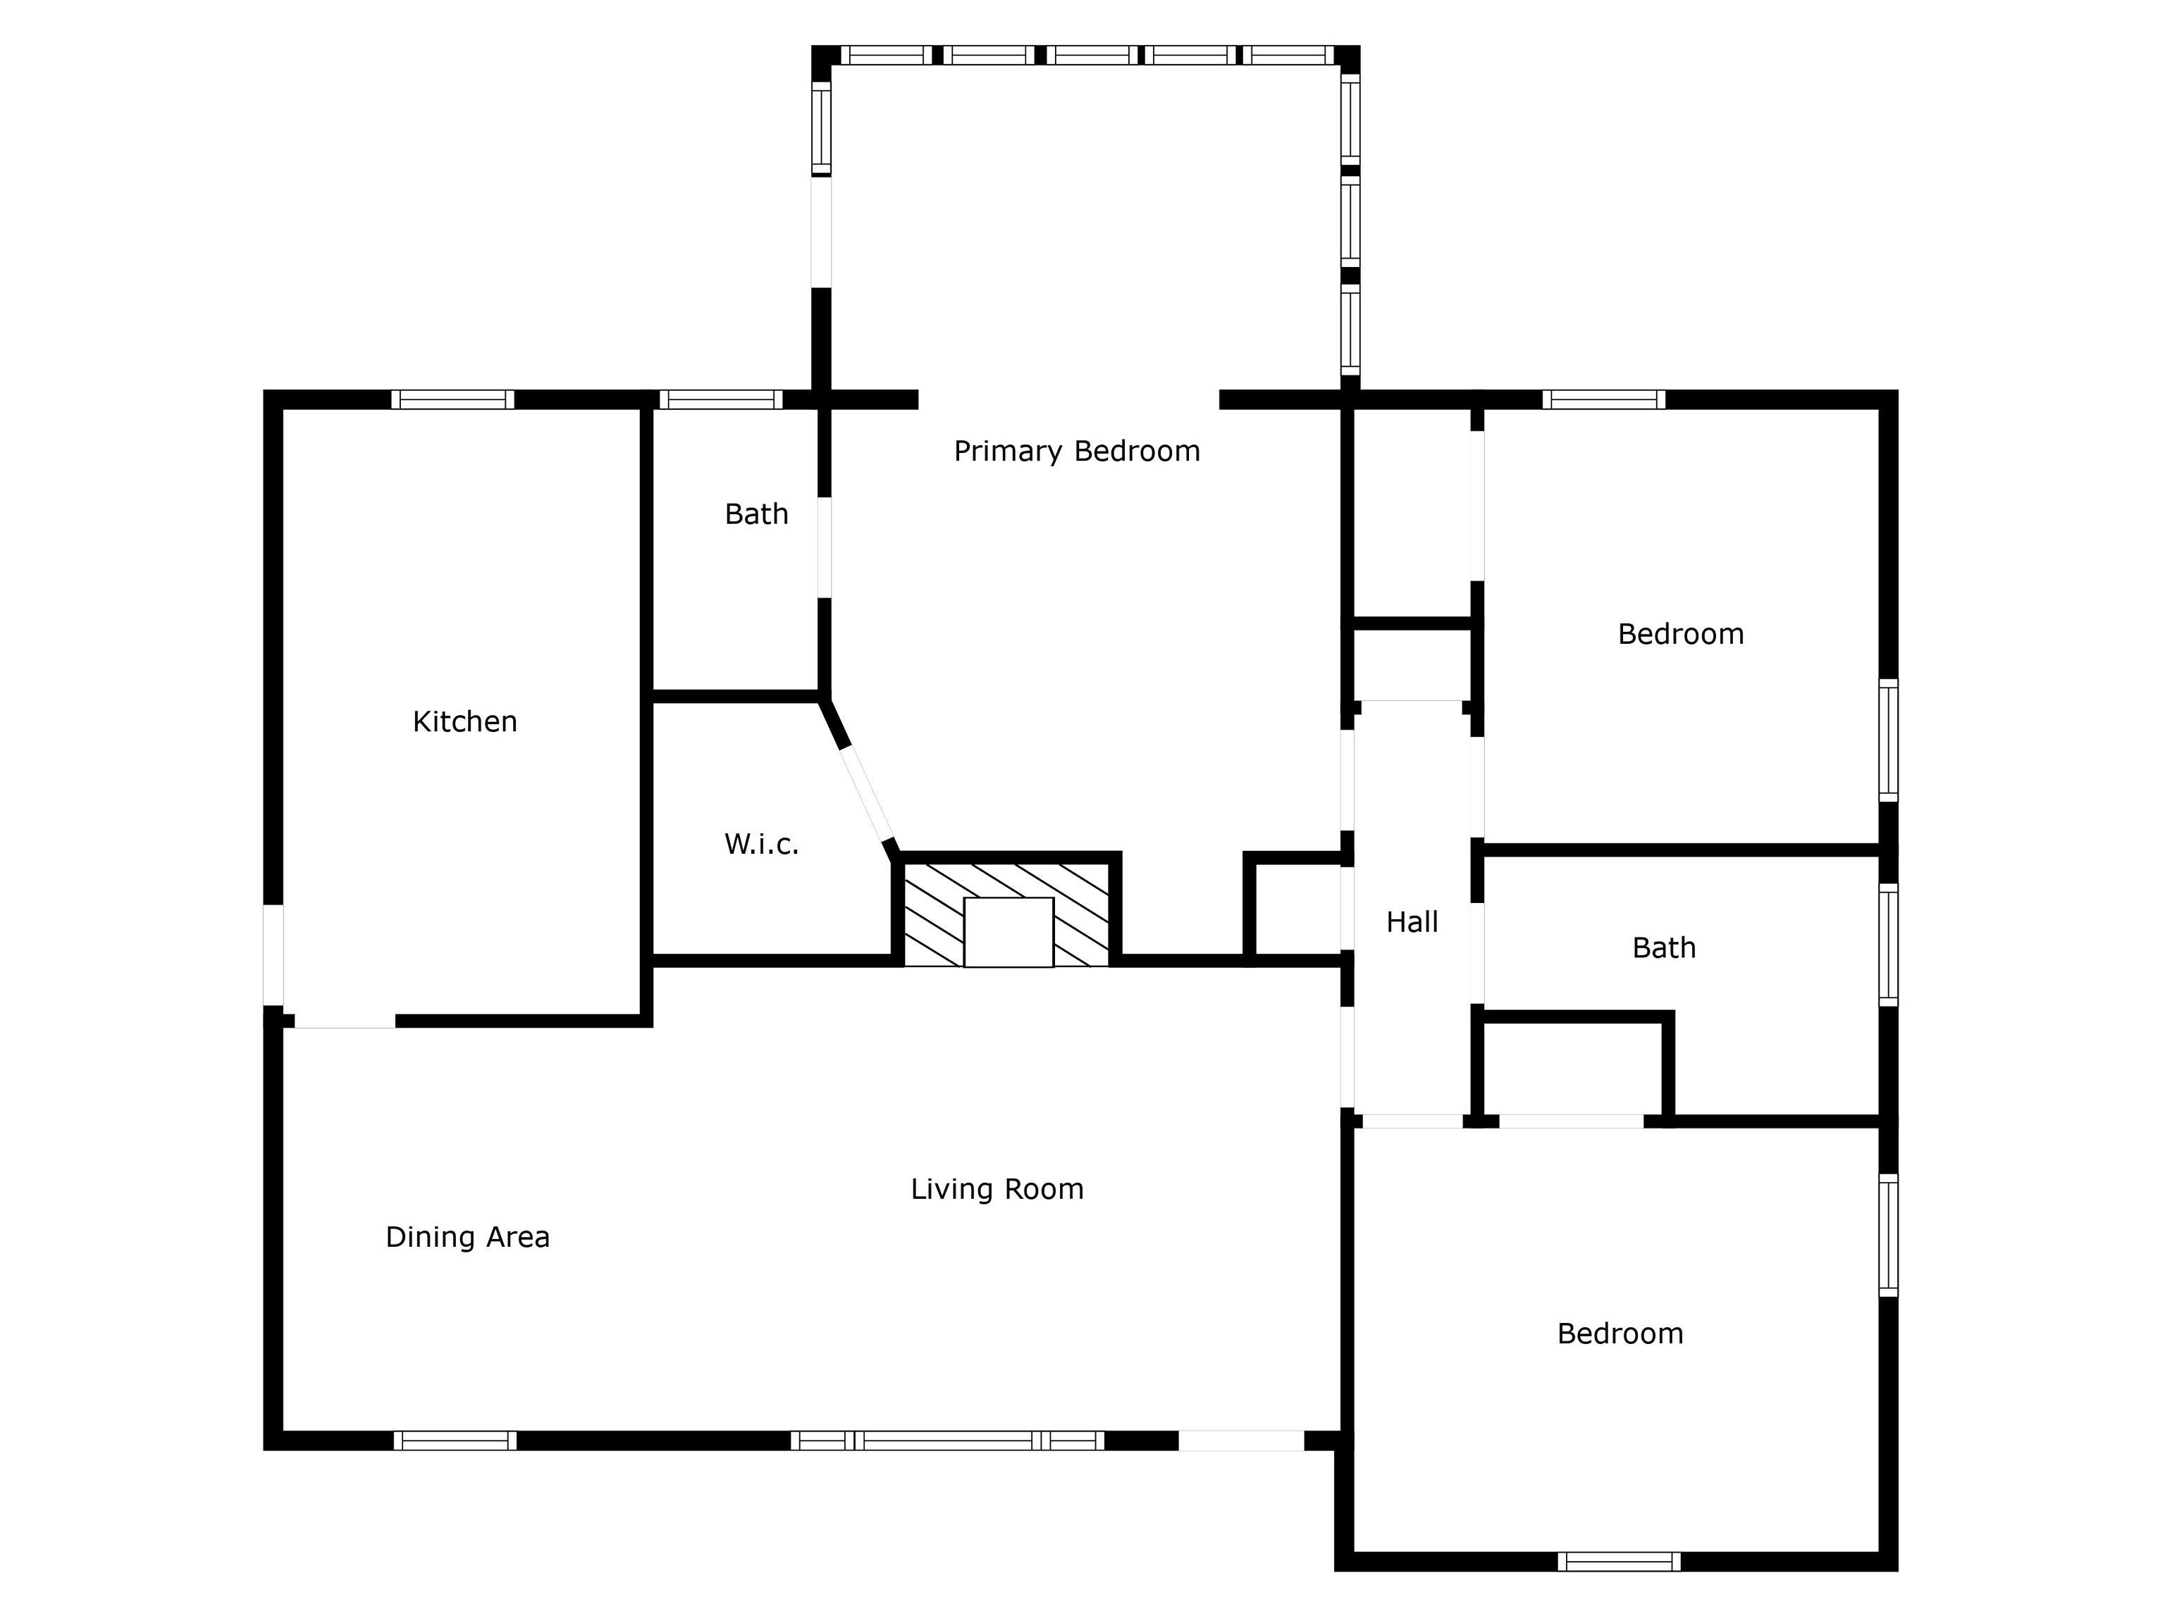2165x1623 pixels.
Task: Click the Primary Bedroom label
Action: [x=1077, y=451]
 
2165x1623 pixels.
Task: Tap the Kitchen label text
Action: [x=465, y=722]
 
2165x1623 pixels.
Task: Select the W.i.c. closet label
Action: [x=761, y=845]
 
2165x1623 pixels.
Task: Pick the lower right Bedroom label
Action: [x=1620, y=1333]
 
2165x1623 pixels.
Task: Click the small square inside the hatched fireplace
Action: [x=1008, y=931]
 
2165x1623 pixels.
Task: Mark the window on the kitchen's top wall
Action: [x=453, y=399]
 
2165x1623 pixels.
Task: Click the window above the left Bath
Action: [x=722, y=399]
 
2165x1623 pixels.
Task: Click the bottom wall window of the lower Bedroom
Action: [x=1619, y=1562]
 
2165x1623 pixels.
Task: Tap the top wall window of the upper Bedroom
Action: [x=1604, y=399]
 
